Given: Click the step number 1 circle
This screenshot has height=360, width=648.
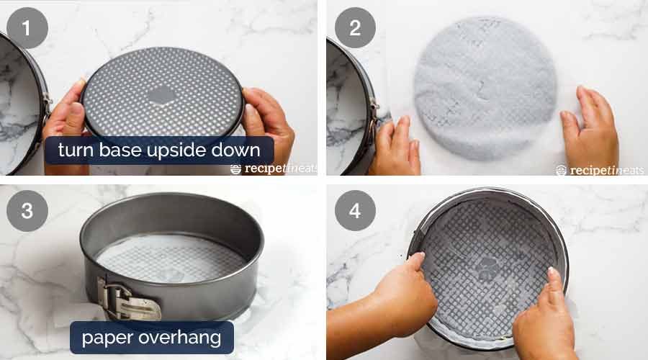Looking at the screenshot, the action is tap(27, 28).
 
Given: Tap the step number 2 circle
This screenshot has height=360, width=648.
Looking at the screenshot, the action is tap(355, 28).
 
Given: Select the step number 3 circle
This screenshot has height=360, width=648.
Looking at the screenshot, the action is tap(27, 210).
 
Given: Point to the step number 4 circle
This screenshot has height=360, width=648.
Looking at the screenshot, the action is tap(355, 210).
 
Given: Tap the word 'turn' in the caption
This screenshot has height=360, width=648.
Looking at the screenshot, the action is tap(76, 150).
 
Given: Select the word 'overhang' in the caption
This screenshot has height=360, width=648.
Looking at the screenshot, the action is tap(180, 338).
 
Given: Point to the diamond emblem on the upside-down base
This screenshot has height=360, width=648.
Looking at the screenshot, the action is tap(162, 95).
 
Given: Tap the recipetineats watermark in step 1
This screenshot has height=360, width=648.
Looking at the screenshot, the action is tap(274, 168).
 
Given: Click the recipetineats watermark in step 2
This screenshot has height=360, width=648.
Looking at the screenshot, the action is tap(600, 170).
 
